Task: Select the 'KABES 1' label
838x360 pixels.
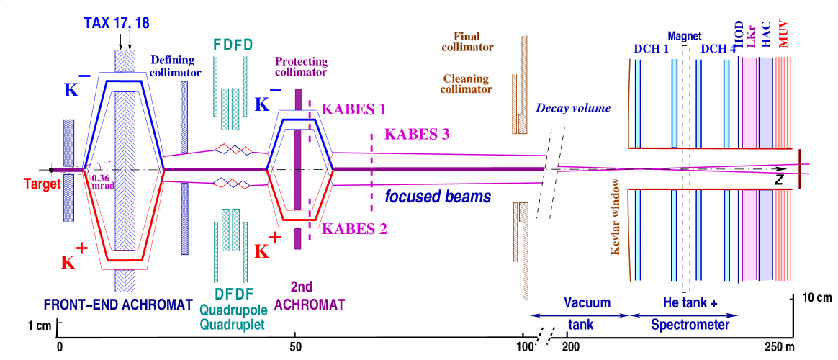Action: coord(353,109)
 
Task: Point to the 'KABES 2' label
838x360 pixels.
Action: coord(355,229)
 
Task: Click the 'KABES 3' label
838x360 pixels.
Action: coord(417,133)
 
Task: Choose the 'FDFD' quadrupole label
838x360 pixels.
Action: coord(233,45)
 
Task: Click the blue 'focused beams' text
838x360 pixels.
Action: coord(437,197)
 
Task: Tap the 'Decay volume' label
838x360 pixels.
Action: coord(573,109)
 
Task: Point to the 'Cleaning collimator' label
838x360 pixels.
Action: coord(466,84)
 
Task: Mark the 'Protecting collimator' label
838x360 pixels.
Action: coord(301,66)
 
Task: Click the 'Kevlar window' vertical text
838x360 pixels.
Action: coord(616,217)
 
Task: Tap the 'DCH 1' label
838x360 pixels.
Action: coord(651,49)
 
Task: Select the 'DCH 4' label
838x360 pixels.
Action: coord(718,49)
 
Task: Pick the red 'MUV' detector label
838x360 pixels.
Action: coord(783,34)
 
